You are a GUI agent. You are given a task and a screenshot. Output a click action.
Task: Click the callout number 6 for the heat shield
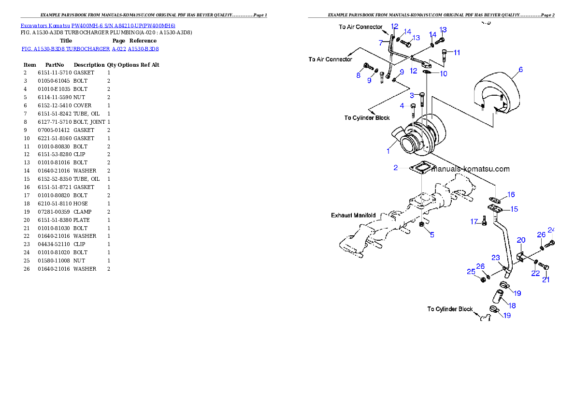point(520,70)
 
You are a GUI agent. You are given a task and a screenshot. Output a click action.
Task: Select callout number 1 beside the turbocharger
point(388,151)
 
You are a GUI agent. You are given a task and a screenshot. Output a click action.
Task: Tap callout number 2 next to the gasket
point(396,168)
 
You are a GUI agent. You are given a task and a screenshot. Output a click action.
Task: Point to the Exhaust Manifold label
point(353,215)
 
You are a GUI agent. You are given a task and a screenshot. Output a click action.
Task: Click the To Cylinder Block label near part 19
point(449,309)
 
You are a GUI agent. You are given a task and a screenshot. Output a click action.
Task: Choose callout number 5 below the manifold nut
point(432,235)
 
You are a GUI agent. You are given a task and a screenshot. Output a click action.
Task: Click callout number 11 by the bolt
point(457,52)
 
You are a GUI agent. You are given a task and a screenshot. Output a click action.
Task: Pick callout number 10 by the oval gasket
point(443,73)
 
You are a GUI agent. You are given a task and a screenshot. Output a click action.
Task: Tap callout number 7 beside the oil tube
point(381,43)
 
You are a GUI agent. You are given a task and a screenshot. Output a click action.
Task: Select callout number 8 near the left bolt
point(359,75)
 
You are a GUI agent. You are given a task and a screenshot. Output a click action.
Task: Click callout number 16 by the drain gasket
point(511,195)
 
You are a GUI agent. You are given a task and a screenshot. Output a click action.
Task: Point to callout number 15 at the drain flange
point(514,209)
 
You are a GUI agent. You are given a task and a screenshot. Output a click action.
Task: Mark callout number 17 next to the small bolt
point(474,221)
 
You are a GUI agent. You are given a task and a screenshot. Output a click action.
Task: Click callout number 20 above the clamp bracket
point(521,240)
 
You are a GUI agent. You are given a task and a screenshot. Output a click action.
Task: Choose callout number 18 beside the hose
point(512,305)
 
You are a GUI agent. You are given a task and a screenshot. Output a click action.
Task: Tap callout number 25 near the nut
point(471,272)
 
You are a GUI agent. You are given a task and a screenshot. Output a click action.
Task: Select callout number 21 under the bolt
point(546,279)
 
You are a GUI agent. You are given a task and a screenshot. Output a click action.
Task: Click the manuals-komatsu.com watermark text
point(470,169)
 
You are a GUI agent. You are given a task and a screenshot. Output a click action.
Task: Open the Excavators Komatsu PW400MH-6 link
point(98,26)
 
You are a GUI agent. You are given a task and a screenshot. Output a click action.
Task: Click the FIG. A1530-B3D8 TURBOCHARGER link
point(90,49)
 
